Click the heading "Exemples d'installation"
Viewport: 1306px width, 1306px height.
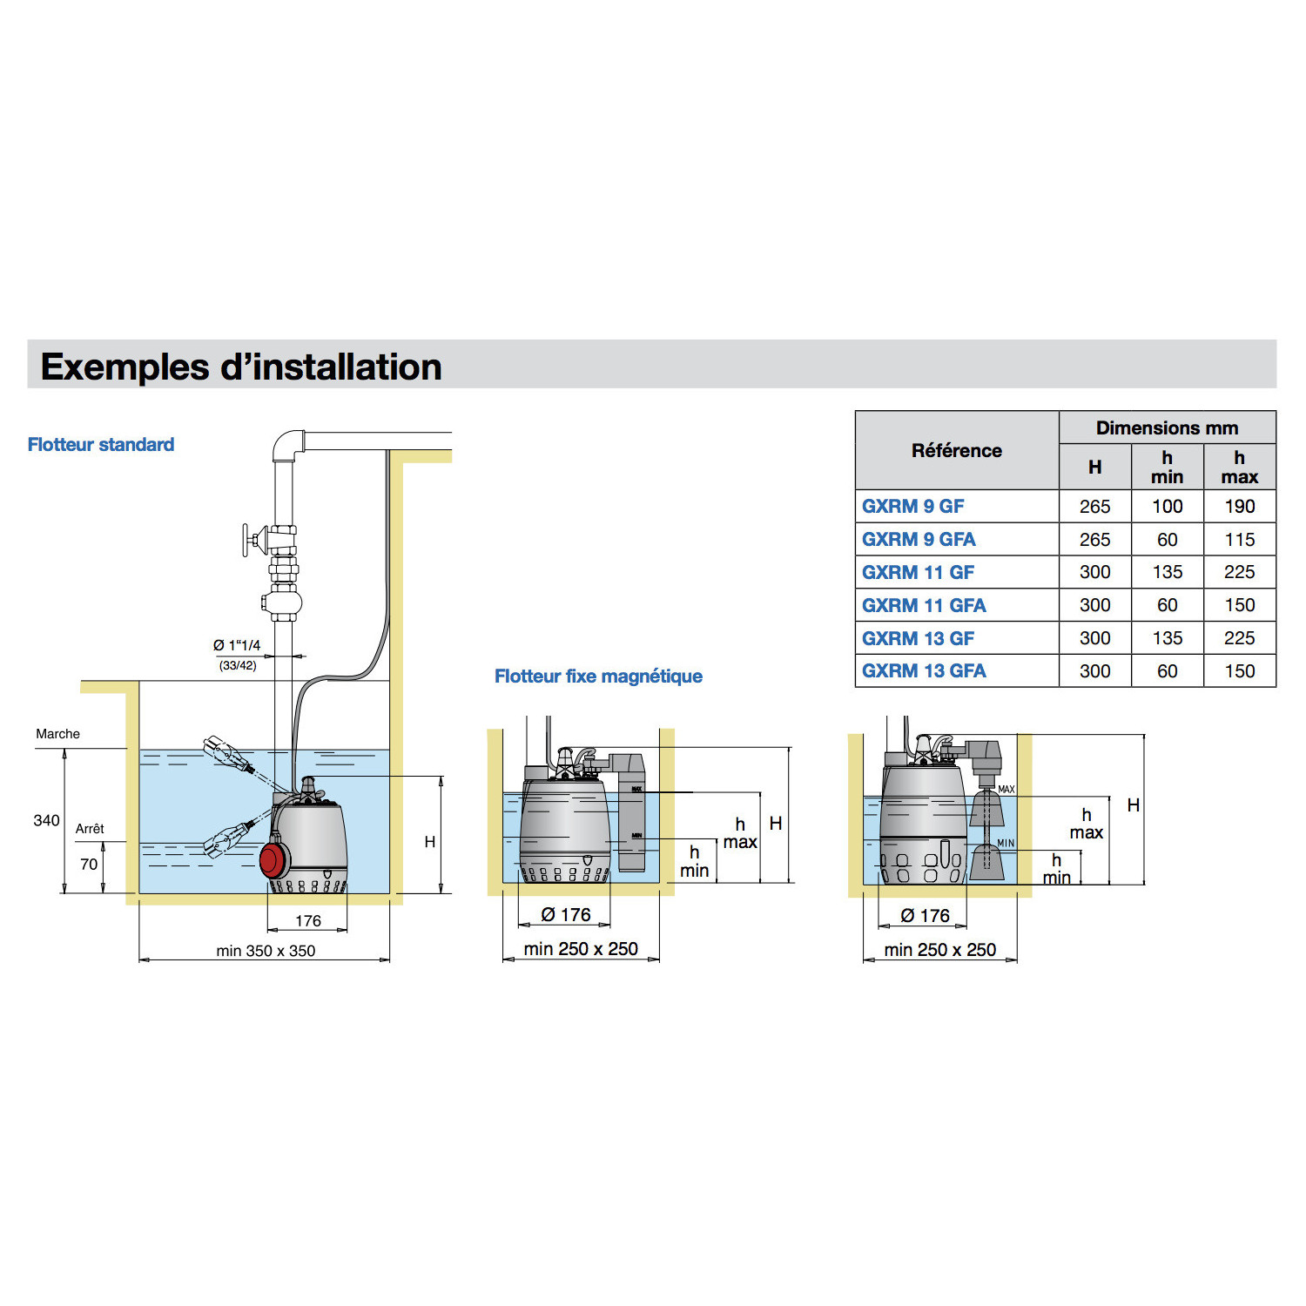241,367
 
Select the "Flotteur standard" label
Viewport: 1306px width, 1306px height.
101,444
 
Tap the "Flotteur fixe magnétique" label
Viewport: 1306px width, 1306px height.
598,676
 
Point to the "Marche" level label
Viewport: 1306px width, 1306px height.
57,734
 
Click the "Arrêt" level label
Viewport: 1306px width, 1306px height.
90,829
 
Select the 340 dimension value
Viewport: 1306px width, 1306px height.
46,820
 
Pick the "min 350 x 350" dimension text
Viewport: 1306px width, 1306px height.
266,951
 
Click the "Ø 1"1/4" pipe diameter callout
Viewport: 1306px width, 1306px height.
237,645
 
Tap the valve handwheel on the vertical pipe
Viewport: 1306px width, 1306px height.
247,540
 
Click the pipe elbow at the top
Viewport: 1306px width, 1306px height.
288,444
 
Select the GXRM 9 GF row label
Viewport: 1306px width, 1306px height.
912,506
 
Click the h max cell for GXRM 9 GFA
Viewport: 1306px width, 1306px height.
1239,540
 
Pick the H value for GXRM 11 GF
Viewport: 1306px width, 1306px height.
1094,572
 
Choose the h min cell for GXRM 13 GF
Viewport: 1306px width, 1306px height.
1167,638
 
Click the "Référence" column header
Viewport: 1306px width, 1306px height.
956,450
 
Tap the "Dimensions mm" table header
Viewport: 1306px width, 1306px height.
1167,427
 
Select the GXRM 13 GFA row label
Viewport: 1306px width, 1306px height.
924,671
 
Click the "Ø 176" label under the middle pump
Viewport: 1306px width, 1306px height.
565,915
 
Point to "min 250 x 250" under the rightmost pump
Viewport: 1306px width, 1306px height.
939,950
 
